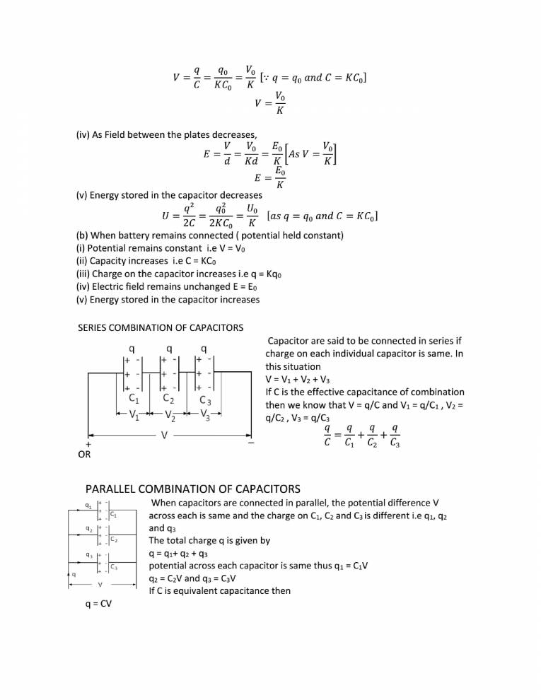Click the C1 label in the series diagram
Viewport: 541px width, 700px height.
click(133, 399)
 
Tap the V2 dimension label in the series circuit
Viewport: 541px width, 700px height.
click(170, 416)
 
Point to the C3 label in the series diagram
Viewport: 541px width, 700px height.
click(206, 401)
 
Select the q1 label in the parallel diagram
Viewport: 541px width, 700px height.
click(87, 505)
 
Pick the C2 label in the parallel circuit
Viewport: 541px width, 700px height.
click(113, 540)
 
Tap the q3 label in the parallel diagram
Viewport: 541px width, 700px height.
click(87, 554)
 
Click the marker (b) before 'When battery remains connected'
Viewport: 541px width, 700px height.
click(83, 235)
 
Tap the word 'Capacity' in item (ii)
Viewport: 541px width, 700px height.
click(114, 261)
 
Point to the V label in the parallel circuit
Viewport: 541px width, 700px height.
click(100, 585)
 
